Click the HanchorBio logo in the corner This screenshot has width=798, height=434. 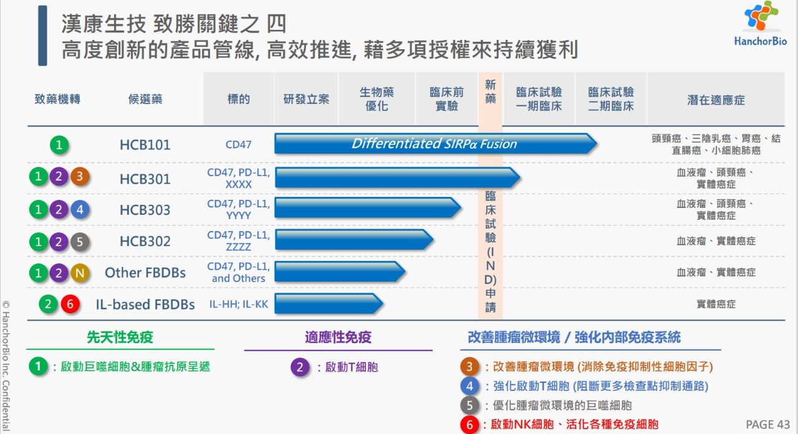click(761, 24)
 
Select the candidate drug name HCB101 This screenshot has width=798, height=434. click(145, 145)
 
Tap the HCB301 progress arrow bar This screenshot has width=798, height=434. click(398, 177)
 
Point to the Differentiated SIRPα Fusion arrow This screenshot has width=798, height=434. click(436, 143)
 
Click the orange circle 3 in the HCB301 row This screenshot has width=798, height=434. click(80, 176)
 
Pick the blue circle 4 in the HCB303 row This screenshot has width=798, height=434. click(80, 209)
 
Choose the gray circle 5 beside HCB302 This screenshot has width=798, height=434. click(80, 242)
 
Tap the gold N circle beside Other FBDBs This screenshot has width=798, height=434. click(80, 273)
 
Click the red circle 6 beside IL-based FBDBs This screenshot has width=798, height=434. click(70, 304)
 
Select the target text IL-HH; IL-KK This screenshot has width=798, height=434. click(238, 304)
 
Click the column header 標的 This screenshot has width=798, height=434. click(238, 99)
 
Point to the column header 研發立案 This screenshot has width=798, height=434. click(306, 99)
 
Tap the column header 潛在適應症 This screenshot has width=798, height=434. click(716, 100)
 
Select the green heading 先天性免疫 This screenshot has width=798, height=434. click(120, 337)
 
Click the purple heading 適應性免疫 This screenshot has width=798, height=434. click(338, 337)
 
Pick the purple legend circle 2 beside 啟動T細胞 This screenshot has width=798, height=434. click(300, 367)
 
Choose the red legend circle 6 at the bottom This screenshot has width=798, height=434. click(469, 425)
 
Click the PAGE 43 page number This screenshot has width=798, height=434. click(767, 424)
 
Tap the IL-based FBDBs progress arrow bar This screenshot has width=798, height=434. click(329, 303)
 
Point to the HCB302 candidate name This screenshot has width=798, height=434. click(145, 241)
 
